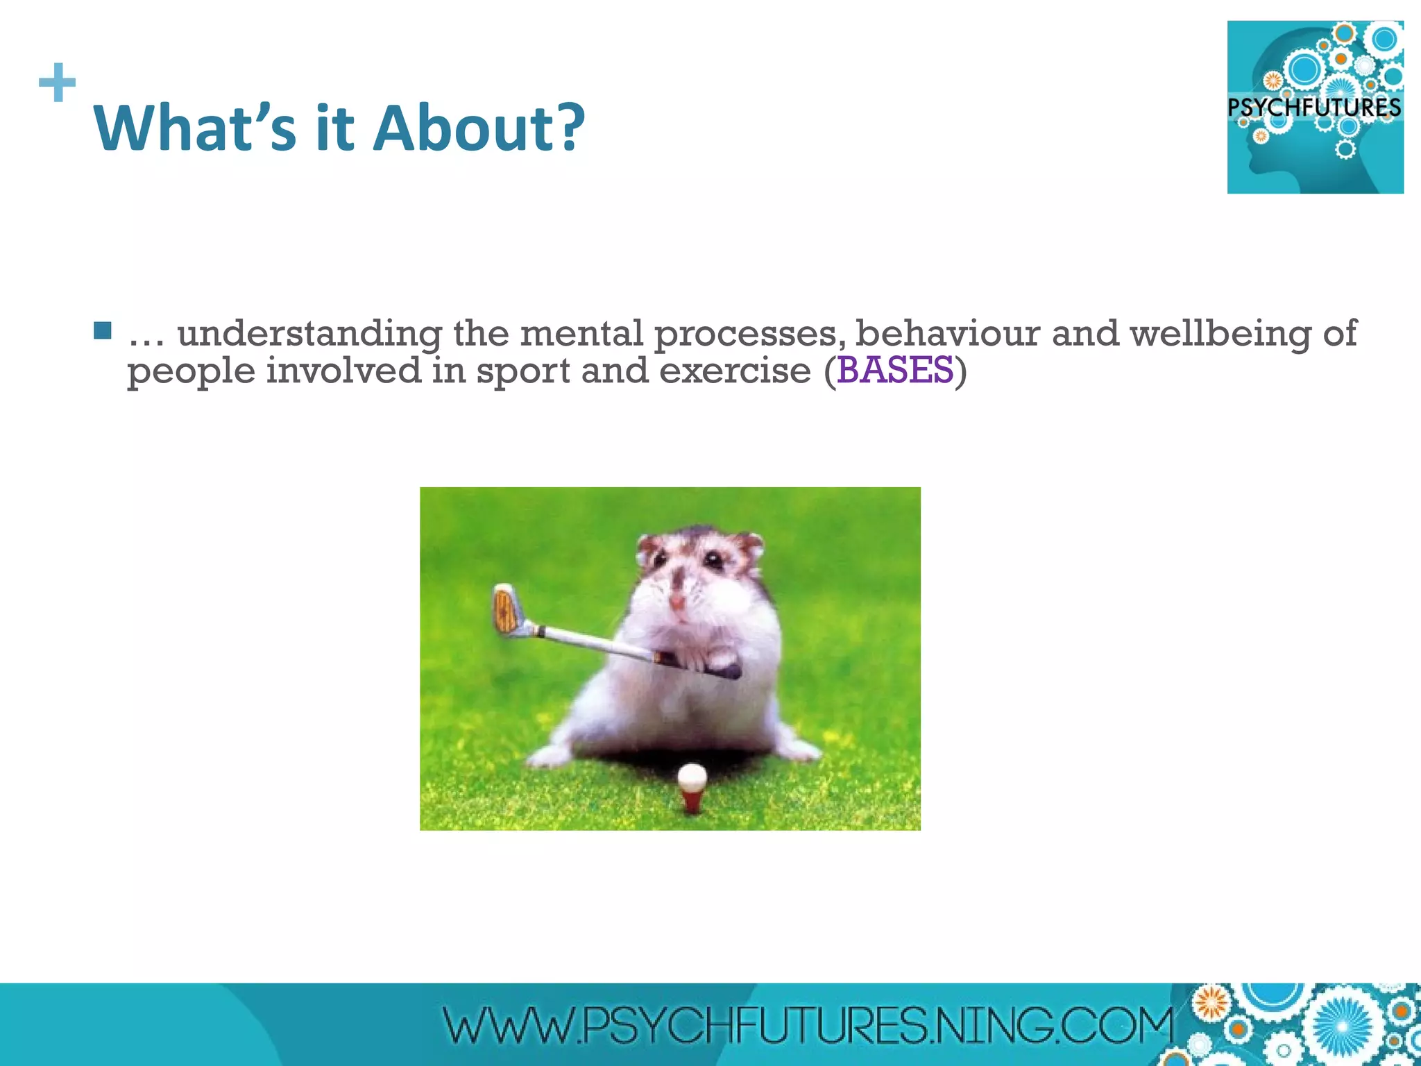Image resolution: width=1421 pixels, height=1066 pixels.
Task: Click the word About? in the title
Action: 479,128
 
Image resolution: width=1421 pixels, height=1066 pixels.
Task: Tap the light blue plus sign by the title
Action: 57,83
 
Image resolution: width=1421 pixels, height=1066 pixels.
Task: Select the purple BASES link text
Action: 895,370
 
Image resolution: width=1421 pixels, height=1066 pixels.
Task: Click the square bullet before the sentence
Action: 103,331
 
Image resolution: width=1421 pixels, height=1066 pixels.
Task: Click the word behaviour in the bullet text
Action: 948,334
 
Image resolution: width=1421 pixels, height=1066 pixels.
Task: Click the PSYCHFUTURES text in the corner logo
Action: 1314,108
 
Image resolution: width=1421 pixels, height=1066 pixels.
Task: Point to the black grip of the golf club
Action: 701,663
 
